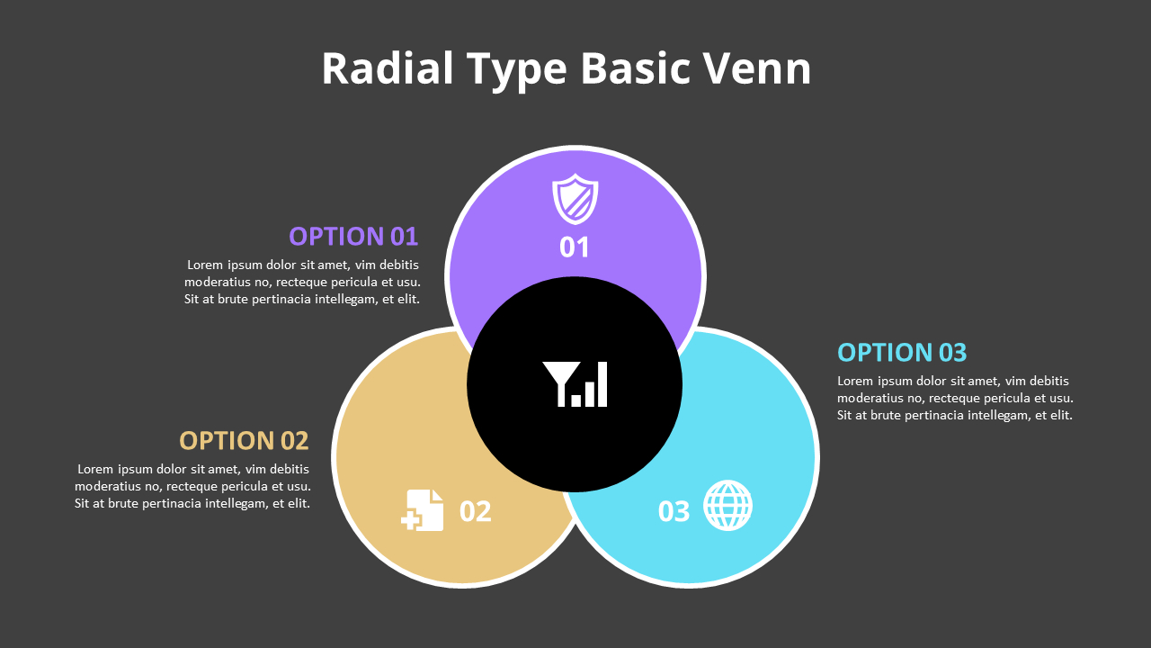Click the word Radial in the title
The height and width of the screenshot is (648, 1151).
388,69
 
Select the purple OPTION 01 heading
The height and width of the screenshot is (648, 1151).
353,237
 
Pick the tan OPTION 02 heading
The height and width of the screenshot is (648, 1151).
244,441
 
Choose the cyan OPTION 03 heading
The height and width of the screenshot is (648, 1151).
902,352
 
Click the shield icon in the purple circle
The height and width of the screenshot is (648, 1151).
575,199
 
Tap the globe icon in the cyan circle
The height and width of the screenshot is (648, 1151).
727,505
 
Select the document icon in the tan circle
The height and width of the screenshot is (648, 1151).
424,510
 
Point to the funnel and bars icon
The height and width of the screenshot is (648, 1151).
575,384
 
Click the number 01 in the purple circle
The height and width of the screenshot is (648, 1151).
575,247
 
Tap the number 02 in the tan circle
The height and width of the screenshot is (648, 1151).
476,511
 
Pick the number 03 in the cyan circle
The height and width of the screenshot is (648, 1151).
674,511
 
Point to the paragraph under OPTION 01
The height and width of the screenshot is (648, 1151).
302,282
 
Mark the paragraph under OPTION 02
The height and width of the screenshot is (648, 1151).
192,486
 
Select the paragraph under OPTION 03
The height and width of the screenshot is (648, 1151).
955,398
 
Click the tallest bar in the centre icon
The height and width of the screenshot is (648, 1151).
602,384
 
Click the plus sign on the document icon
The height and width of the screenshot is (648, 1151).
411,519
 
